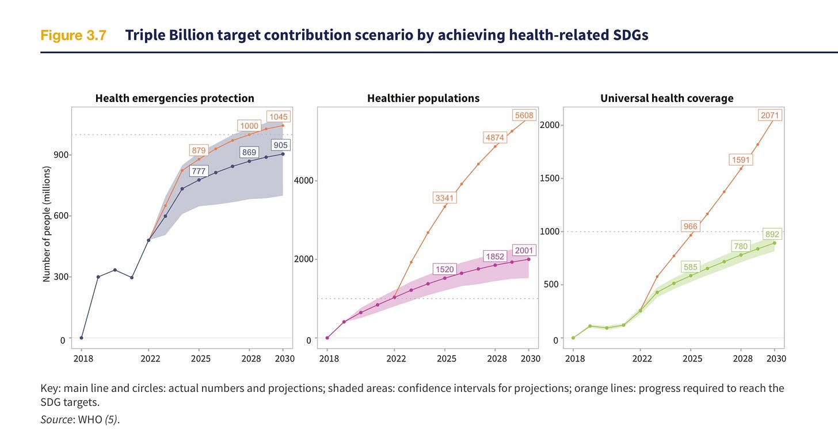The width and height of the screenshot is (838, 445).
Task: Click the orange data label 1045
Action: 278,116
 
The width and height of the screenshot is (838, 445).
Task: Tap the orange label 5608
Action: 524,115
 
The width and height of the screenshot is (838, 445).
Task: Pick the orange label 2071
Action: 770,116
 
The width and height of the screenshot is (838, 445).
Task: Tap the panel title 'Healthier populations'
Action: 423,98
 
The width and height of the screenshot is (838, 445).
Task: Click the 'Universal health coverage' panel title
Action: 666,98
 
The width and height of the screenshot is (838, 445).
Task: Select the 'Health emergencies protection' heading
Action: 174,98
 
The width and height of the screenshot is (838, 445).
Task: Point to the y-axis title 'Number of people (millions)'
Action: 47,225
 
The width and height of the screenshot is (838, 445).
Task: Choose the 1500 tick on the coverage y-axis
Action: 547,178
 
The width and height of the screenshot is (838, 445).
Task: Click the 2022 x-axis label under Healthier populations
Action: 396,359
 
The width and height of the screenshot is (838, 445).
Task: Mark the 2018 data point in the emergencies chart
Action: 82,338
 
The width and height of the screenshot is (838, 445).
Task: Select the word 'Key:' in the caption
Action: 50,388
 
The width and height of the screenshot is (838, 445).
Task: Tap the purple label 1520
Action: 444,269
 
